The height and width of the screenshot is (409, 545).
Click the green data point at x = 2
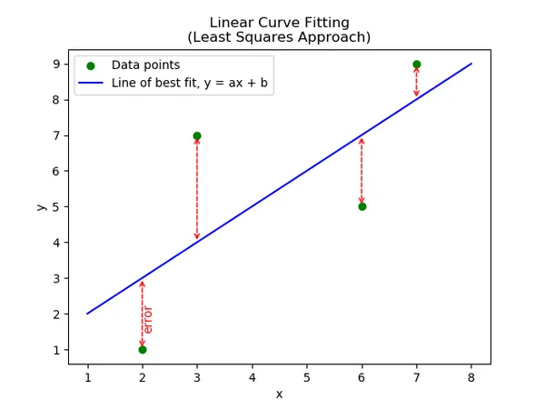tap(142, 350)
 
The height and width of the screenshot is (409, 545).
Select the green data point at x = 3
tap(197, 135)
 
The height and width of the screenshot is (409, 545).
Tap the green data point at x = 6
tap(362, 206)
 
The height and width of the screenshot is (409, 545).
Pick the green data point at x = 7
tap(416, 65)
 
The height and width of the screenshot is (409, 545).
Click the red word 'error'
tap(148, 320)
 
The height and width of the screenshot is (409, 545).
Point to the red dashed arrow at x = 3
tap(197, 188)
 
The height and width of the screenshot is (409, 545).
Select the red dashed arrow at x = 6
tap(362, 171)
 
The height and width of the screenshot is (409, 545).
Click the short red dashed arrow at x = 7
tap(416, 82)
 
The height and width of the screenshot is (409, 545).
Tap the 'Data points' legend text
tap(145, 65)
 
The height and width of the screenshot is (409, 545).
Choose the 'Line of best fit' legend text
tap(190, 84)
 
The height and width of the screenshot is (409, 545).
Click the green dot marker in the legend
tap(90, 65)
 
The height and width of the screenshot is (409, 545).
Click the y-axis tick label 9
tap(55, 65)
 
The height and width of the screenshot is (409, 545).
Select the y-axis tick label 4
tap(55, 243)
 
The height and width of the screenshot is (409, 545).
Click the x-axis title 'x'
tap(279, 394)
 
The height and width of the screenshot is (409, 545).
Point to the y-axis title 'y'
tap(41, 206)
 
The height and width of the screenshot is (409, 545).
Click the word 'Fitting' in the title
tap(323, 23)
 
